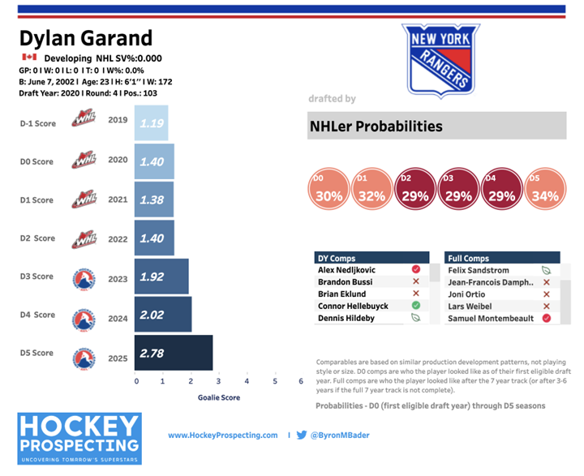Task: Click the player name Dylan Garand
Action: [x=85, y=38]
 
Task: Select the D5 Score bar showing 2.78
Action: [x=174, y=354]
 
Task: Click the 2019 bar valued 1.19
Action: [x=152, y=123]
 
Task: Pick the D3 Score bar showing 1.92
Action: [x=162, y=277]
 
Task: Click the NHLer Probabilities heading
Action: [x=375, y=127]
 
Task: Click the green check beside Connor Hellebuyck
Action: [x=416, y=305]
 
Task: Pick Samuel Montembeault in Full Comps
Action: [x=490, y=319]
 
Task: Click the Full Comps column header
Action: [x=469, y=258]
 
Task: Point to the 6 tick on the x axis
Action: [x=300, y=381]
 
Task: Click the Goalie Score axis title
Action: [x=218, y=397]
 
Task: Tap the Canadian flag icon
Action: [x=30, y=58]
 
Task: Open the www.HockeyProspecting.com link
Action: [x=223, y=435]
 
